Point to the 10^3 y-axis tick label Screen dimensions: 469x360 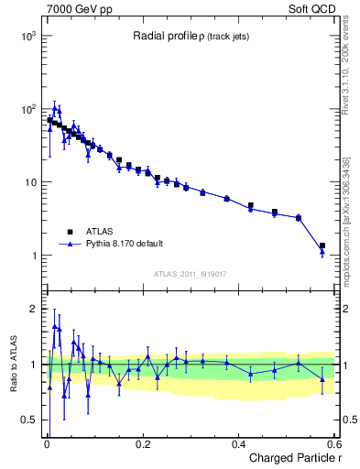pyautogui.click(x=27, y=35)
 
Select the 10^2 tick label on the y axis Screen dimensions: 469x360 pyautogui.click(x=27, y=109)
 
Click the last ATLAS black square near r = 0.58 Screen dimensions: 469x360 pyautogui.click(x=322, y=245)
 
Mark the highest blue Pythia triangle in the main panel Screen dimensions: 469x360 pyautogui.click(x=55, y=107)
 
